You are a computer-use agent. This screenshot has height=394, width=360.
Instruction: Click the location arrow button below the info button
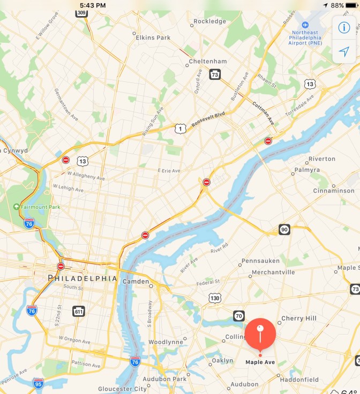[x=344, y=51]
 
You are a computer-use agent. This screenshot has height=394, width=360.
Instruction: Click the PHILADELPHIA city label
[x=82, y=278]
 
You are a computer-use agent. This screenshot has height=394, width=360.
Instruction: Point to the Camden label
[x=135, y=281]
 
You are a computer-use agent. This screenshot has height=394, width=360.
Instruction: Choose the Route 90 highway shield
[x=284, y=230]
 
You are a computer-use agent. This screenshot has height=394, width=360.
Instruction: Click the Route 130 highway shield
[x=215, y=298]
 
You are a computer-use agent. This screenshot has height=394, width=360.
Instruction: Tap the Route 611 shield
[x=79, y=310]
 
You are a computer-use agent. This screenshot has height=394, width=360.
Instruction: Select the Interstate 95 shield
[x=37, y=383]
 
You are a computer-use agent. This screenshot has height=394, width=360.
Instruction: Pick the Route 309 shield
[x=81, y=12]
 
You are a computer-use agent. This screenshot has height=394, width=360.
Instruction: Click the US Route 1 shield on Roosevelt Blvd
[x=181, y=128]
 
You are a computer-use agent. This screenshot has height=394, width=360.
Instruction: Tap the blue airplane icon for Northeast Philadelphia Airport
[x=305, y=25]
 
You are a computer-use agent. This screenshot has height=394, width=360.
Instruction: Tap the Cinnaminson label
[x=334, y=191]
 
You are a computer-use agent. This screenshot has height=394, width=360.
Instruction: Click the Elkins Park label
[x=153, y=37]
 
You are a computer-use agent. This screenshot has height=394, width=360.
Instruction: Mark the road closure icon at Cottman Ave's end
[x=268, y=141]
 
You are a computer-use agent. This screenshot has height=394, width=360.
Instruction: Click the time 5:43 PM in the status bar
[x=93, y=5]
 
